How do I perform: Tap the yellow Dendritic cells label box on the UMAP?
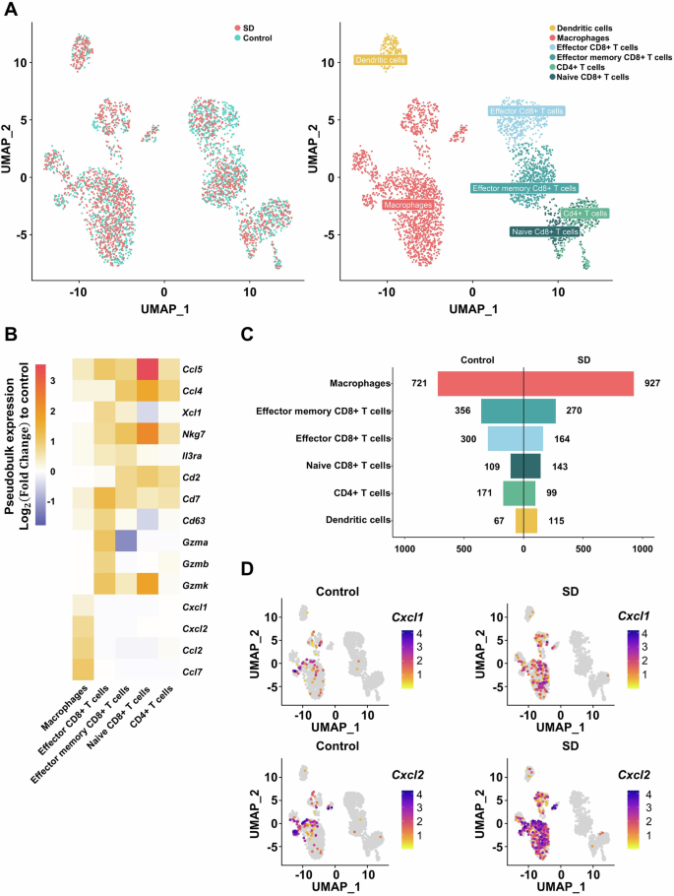click(x=381, y=60)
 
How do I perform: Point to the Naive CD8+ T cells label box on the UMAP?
click(x=544, y=231)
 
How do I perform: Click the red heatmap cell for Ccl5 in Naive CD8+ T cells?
click(x=150, y=368)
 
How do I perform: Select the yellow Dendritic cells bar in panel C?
click(x=526, y=520)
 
